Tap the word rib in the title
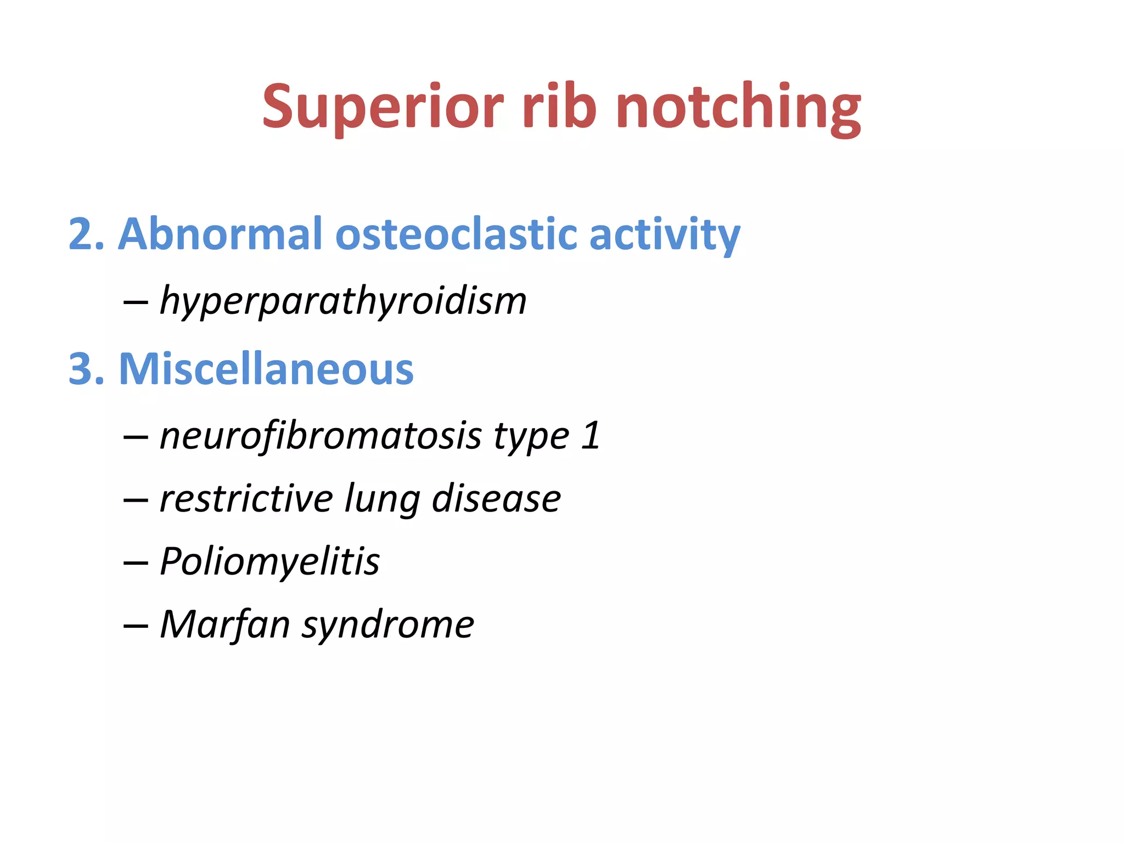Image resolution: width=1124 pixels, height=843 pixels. [x=559, y=107]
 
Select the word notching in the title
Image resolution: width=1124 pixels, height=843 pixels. [x=738, y=107]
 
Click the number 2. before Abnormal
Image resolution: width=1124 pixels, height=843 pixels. [x=86, y=234]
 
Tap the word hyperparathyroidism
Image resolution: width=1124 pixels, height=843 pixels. [x=343, y=302]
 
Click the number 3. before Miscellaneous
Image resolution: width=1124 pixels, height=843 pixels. [x=86, y=369]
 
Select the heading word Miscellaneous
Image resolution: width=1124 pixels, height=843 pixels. [x=266, y=369]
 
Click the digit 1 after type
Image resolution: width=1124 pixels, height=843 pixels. [x=591, y=436]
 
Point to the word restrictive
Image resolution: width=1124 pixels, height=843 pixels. [x=246, y=499]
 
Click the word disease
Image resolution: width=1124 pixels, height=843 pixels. [x=496, y=499]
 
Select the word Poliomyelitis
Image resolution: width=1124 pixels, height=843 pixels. [x=269, y=563]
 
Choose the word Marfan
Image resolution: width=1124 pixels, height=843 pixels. [x=225, y=625]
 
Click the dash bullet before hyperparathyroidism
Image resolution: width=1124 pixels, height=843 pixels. [x=136, y=302]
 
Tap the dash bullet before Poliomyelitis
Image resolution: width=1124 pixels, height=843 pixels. [x=136, y=563]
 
